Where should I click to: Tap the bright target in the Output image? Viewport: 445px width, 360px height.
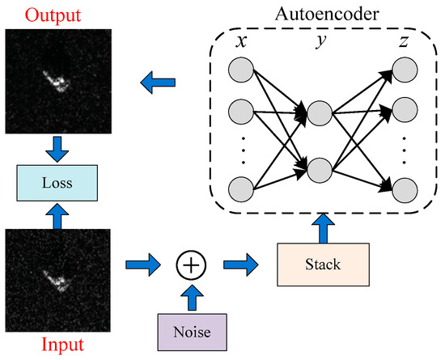coord(55,81)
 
